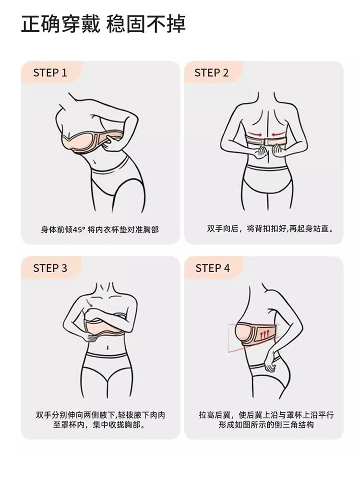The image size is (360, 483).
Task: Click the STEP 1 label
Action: coord(50,73)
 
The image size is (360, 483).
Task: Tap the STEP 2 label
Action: coord(211,73)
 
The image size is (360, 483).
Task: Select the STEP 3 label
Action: coord(50,268)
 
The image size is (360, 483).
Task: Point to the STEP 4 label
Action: coord(213,268)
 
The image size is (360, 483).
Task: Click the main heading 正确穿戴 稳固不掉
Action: coord(103,24)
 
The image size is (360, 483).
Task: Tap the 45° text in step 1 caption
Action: coord(79,230)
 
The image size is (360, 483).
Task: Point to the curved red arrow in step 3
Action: coord(89,302)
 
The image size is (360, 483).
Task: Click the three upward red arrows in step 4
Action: coord(264,334)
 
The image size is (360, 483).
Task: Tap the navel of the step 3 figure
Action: coord(107,348)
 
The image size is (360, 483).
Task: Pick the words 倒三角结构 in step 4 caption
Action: coord(294,425)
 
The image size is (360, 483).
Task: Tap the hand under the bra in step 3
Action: coord(91,338)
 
